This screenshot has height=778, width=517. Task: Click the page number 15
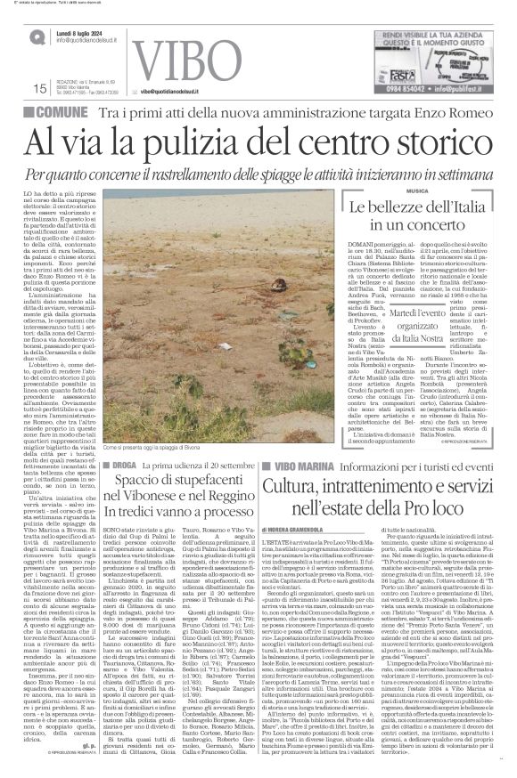pyautogui.click(x=38, y=87)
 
